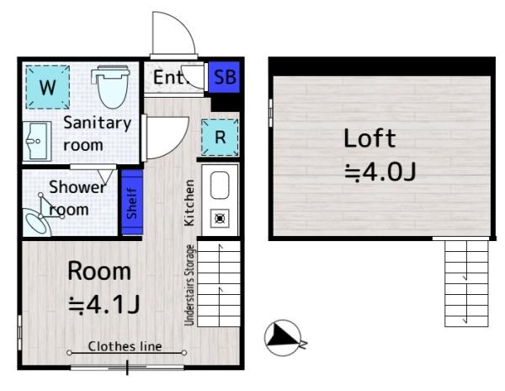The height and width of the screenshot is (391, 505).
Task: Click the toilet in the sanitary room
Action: tap(111, 87)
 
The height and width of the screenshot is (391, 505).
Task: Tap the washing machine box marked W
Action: tap(48, 87)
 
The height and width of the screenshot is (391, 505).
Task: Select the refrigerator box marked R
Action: tap(220, 137)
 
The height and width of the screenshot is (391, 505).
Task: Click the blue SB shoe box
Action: tap(224, 77)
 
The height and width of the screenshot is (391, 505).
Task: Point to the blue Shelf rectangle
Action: tap(132, 202)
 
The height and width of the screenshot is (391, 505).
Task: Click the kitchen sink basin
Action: tap(220, 185)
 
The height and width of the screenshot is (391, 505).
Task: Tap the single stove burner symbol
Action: tap(220, 219)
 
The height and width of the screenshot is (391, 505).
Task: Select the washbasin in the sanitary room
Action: tap(37, 142)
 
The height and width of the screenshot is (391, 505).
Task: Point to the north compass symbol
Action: tap(283, 338)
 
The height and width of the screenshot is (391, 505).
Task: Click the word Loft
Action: tap(369, 138)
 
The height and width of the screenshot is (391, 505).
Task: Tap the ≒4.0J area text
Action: tap(380, 172)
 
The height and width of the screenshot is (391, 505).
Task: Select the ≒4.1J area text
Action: tap(104, 304)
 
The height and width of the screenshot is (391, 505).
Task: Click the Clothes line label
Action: tap(125, 346)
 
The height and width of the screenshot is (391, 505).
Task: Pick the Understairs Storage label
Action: tap(189, 285)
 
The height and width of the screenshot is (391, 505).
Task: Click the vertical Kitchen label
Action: tap(189, 203)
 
